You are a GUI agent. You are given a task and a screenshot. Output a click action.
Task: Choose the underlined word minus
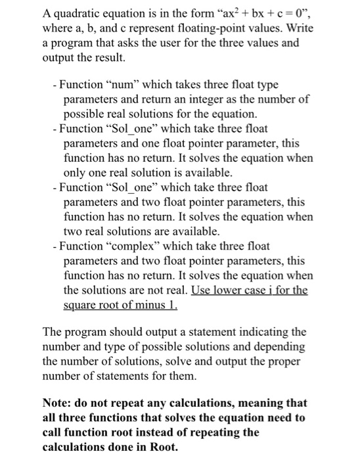click(x=150, y=305)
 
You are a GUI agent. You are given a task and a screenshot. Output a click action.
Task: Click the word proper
click(x=279, y=360)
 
